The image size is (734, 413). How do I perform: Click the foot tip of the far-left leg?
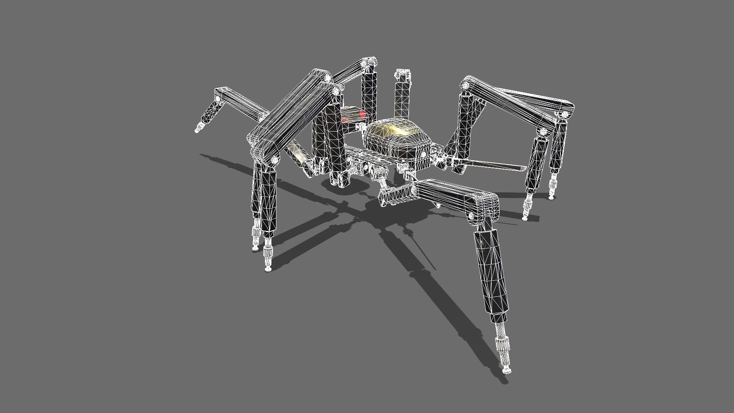[x=197, y=130]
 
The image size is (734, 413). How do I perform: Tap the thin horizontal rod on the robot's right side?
[x=493, y=165]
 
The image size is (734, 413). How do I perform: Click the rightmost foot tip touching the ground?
[x=551, y=197]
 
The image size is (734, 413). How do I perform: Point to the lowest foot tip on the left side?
[x=268, y=269]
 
